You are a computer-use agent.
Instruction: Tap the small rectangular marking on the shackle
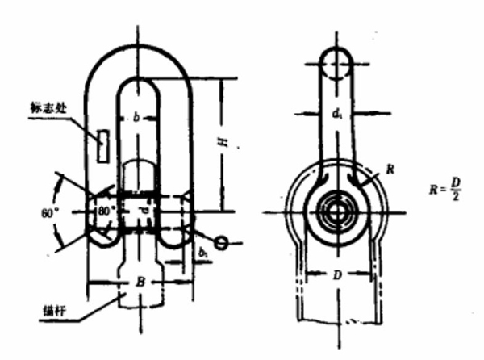(x=102, y=145)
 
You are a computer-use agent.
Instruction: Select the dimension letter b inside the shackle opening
(x=137, y=119)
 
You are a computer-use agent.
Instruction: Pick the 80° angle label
(x=106, y=209)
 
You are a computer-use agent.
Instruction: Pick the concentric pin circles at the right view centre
(x=335, y=214)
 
